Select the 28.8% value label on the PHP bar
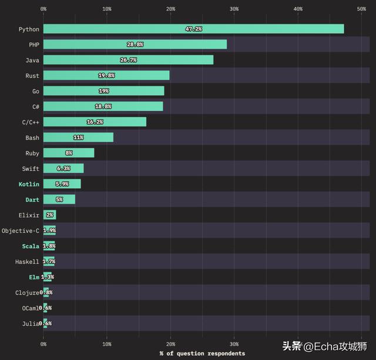pyautogui.click(x=135, y=45)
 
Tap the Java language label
pyautogui.click(x=32, y=60)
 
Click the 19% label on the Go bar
pyautogui.click(x=103, y=91)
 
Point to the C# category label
pyautogui.click(x=36, y=106)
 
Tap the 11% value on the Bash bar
pyautogui.click(x=78, y=138)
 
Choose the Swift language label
pyautogui.click(x=31, y=169)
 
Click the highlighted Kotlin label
pyautogui.click(x=29, y=184)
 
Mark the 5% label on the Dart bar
pyautogui.click(x=59, y=199)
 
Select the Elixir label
pyautogui.click(x=29, y=215)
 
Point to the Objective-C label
pyautogui.click(x=21, y=231)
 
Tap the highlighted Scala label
pyautogui.click(x=31, y=246)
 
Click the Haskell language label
pyautogui.click(x=27, y=262)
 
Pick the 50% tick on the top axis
pyautogui.click(x=361, y=9)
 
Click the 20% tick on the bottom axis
pyautogui.click(x=170, y=344)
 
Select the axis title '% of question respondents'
pyautogui.click(x=202, y=354)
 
